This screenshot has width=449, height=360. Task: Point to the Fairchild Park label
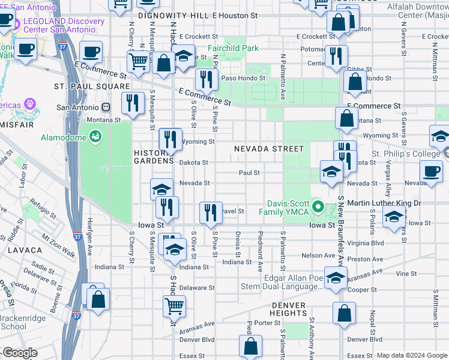pyautogui.click(x=233, y=48)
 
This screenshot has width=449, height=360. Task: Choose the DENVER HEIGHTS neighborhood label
pyautogui.click(x=288, y=308)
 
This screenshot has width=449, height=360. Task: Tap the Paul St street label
pyautogui.click(x=249, y=172)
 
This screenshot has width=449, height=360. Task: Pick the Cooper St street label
pyautogui.click(x=364, y=289)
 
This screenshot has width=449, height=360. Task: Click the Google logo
pyautogui.click(x=20, y=353)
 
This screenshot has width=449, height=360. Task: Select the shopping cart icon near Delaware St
pyautogui.click(x=174, y=305)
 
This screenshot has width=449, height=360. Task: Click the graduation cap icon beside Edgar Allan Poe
pyautogui.click(x=336, y=277)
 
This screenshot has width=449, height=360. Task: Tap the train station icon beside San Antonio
pyautogui.click(x=106, y=107)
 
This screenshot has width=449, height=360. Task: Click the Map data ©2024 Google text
pyautogui.click(x=412, y=355)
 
